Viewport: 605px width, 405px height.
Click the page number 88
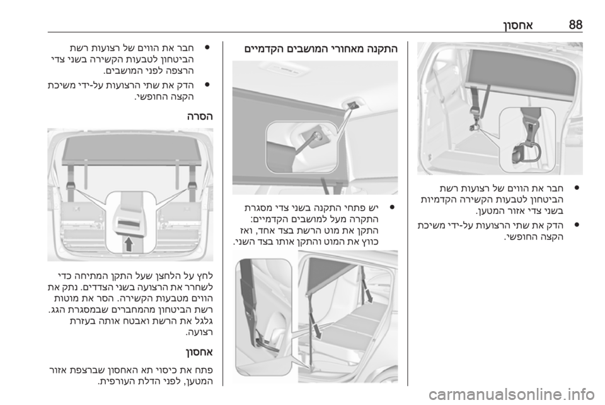(x=575, y=25)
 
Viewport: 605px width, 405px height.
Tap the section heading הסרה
(x=200, y=116)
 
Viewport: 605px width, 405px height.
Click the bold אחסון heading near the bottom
(x=199, y=352)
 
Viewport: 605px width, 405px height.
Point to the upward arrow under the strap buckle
(x=129, y=244)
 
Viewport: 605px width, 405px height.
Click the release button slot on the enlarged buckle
(x=129, y=223)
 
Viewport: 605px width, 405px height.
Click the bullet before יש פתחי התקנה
(x=391, y=208)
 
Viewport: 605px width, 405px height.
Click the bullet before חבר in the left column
(x=207, y=49)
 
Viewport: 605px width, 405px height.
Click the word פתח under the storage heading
(x=204, y=370)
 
